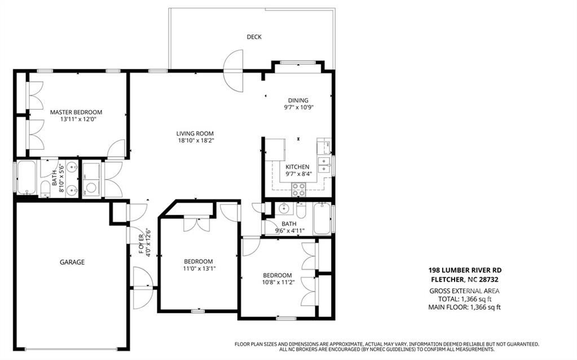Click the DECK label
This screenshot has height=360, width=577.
point(254,37)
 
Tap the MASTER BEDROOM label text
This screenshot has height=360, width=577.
point(76,112)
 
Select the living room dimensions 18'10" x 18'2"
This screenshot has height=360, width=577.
point(195,141)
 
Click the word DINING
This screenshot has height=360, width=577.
point(298,100)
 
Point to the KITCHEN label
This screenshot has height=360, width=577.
point(297,167)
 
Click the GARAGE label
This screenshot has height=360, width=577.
point(72,262)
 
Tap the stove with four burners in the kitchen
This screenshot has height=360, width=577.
point(298,189)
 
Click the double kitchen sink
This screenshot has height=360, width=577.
point(324,165)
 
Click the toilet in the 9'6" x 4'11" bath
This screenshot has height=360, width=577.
point(301,210)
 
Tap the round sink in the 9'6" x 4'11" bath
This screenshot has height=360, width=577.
point(284,209)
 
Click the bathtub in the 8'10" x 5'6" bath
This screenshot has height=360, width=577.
point(27,177)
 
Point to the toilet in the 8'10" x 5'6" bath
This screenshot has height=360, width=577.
point(45,188)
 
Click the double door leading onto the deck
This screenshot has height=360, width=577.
point(234,71)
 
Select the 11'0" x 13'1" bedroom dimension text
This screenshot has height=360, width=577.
point(199,269)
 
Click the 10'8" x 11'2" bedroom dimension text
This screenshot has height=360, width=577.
point(279,282)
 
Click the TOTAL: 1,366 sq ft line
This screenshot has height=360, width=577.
point(465,299)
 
